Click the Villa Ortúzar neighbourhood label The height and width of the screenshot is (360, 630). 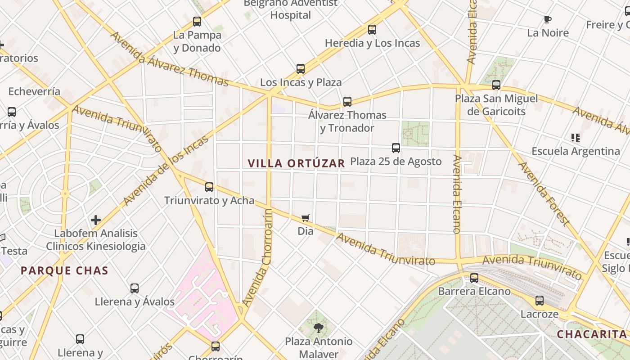pos(296,163)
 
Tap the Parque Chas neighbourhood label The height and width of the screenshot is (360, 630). pos(64,270)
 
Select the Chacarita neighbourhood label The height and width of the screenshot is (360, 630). pos(591,334)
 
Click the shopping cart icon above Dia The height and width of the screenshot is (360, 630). pos(306,218)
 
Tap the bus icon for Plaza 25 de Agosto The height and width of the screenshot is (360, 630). pos(396,148)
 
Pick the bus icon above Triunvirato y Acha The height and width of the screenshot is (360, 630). pos(209,187)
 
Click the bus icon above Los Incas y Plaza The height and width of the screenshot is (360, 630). pos(301,69)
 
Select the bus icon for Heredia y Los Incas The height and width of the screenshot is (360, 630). pos(372,30)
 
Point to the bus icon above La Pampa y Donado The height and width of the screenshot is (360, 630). pos(197,21)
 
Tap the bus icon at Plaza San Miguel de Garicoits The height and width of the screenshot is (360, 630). pos(496,85)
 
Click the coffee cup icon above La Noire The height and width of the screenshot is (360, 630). pos(548,19)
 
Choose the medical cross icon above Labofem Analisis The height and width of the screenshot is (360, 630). pos(96,220)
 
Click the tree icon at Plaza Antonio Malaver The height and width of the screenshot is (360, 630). pos(319,328)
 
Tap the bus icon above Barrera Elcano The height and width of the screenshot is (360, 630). pos(474,278)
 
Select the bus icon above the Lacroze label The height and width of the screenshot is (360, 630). pos(540,301)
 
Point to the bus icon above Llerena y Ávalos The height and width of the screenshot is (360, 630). pos(135,288)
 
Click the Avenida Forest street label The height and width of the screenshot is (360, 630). pos(544,193)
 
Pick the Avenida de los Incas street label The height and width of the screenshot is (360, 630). pos(166,170)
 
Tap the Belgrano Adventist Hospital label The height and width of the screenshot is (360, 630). pos(291,9)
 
